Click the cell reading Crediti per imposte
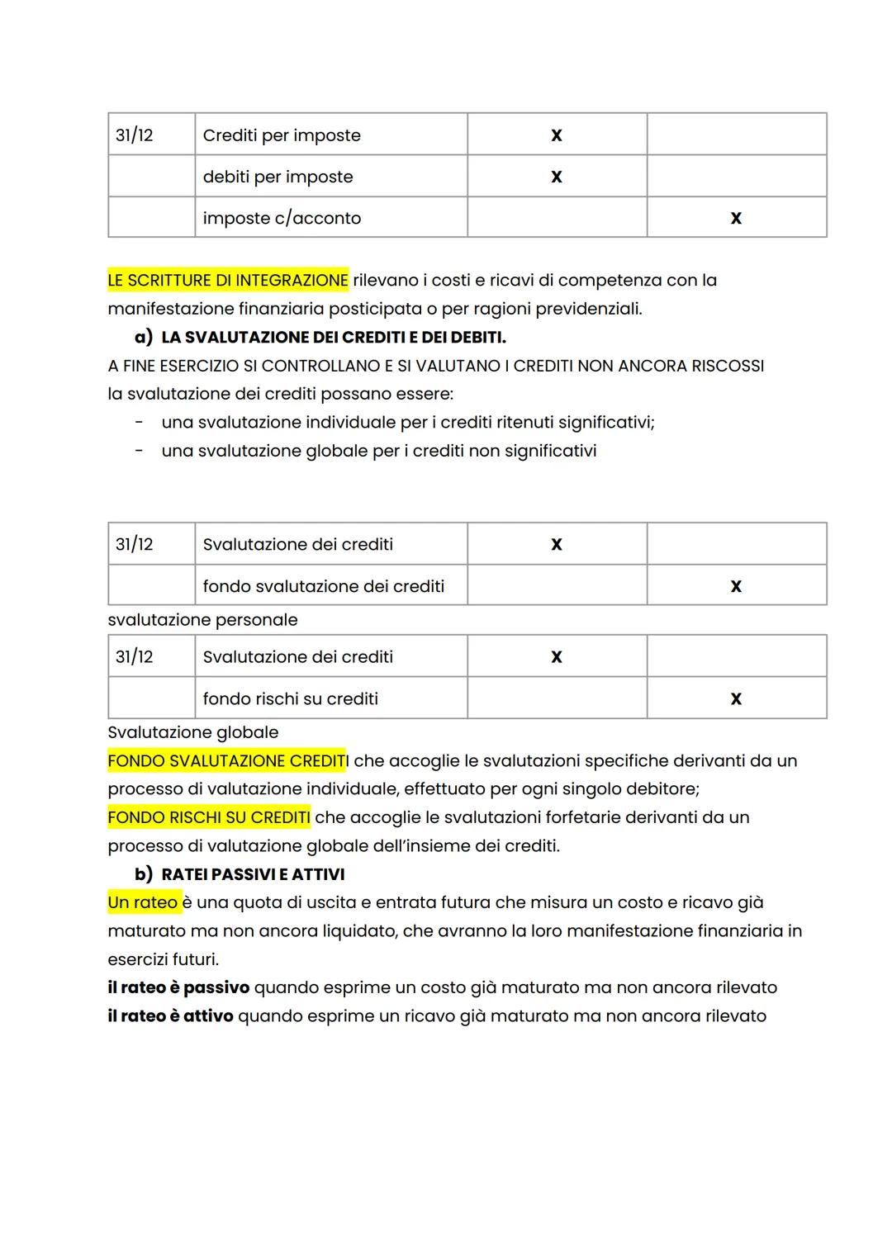[x=282, y=135]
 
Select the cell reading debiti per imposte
[x=278, y=177]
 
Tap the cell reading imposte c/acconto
[x=282, y=218]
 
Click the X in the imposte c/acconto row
[x=736, y=218]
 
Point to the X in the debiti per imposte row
[x=556, y=177]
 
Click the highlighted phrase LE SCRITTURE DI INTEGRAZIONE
[x=228, y=281]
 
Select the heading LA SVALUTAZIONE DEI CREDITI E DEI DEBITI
[x=333, y=338]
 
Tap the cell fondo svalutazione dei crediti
[x=323, y=586]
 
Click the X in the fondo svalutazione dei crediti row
[x=736, y=586]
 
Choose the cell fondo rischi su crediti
[x=290, y=698]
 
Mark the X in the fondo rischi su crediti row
[x=736, y=698]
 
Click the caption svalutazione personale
[x=202, y=620]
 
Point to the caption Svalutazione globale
[x=193, y=732]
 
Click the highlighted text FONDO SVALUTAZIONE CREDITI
[x=227, y=761]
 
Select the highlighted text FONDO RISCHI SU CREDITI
[x=209, y=817]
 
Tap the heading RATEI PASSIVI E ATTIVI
[x=253, y=874]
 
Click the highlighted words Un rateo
[x=143, y=902]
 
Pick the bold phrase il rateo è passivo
[x=178, y=987]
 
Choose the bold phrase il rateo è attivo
[x=170, y=1016]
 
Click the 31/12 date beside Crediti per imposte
[x=135, y=135]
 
